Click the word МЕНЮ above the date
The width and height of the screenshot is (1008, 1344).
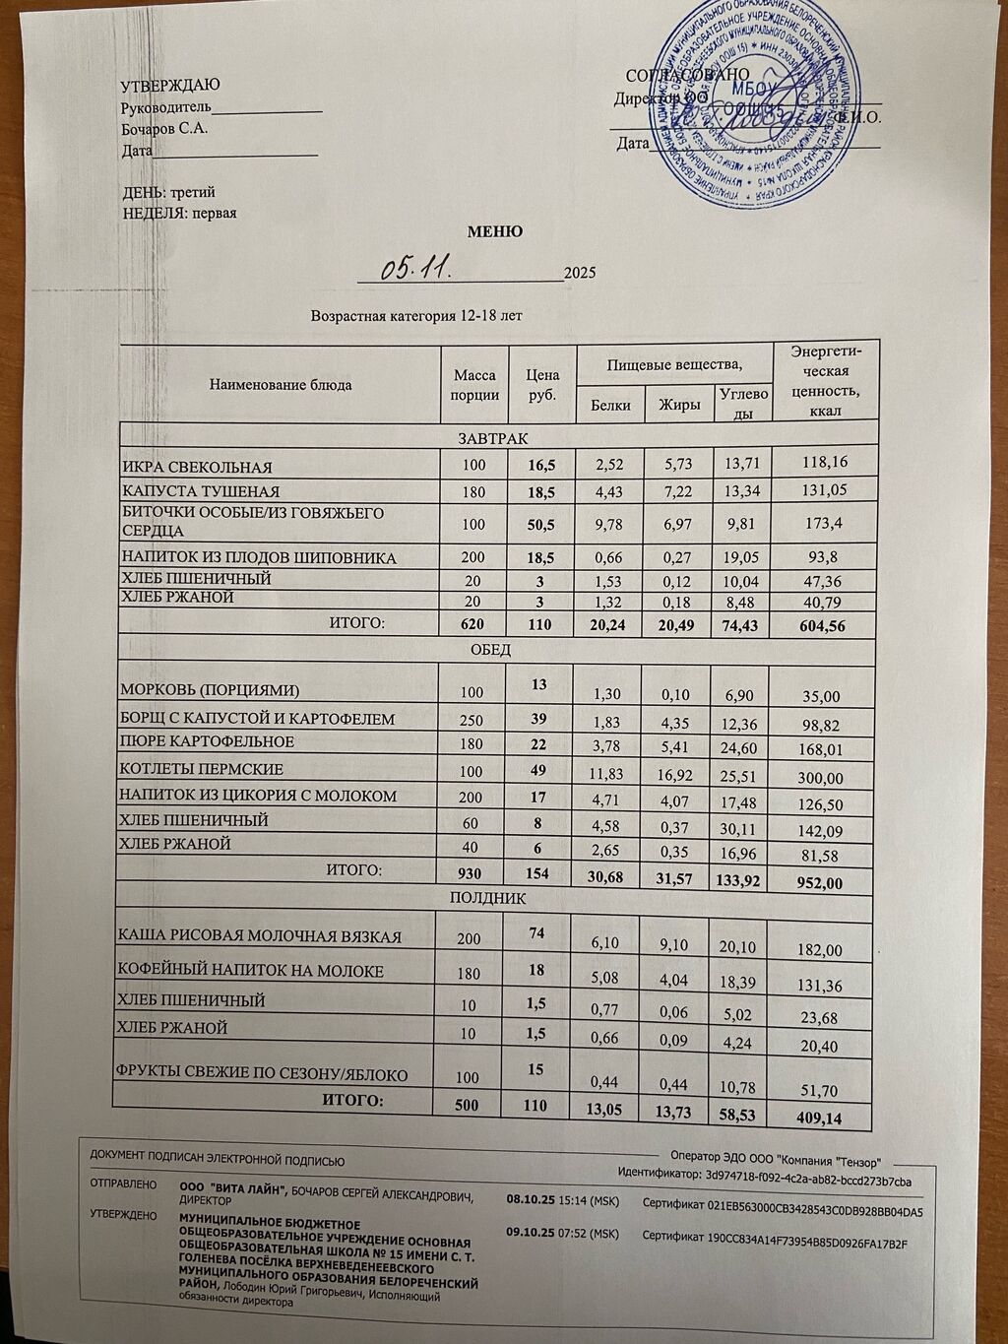point(494,232)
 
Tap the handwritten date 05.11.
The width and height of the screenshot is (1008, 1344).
point(417,267)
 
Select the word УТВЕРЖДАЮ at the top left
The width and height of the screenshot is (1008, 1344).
point(170,87)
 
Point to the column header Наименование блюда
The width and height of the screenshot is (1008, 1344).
point(281,384)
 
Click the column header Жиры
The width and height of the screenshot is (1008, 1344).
point(678,405)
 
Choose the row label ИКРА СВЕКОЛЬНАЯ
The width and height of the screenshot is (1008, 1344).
point(196,467)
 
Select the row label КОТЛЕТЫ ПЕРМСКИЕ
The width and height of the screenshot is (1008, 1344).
point(201,769)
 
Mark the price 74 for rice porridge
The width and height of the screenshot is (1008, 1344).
point(536,930)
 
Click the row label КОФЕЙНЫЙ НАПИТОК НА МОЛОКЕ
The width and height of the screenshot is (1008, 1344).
point(250,971)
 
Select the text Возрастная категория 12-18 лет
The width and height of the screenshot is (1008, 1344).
point(416,317)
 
